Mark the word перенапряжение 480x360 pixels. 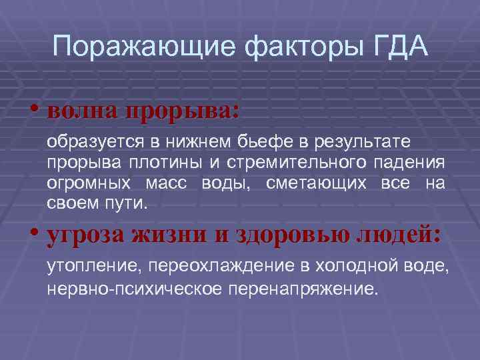click(x=303, y=290)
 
